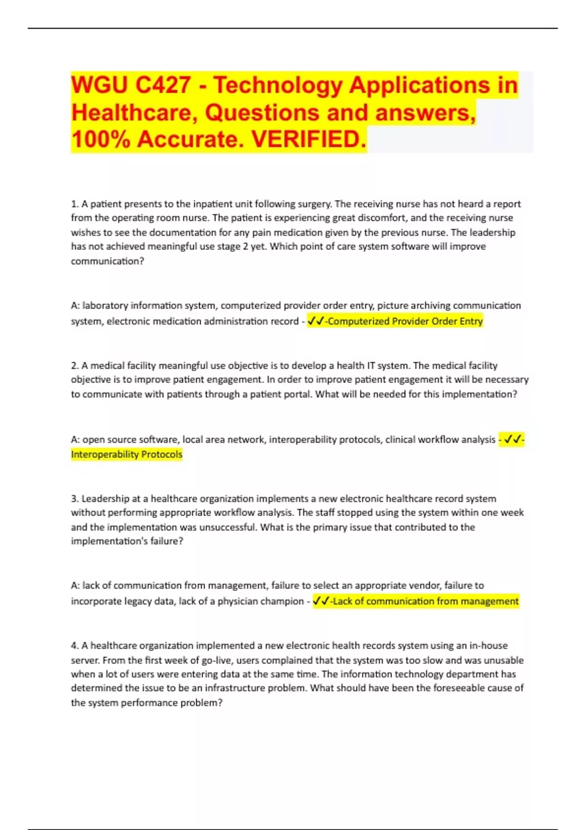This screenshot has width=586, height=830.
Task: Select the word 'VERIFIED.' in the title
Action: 308,140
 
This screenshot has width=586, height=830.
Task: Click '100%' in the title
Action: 101,140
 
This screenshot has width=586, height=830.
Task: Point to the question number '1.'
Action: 75,204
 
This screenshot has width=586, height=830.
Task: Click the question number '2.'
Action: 75,366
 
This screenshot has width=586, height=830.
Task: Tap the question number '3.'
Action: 75,499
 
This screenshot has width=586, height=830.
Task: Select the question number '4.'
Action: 75,646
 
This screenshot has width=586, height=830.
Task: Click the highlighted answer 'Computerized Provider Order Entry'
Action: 405,321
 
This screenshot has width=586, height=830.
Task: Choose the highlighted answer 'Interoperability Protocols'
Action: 126,455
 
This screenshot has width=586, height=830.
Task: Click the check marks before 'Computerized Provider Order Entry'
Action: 316,321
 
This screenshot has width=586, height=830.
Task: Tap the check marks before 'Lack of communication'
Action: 321,602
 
